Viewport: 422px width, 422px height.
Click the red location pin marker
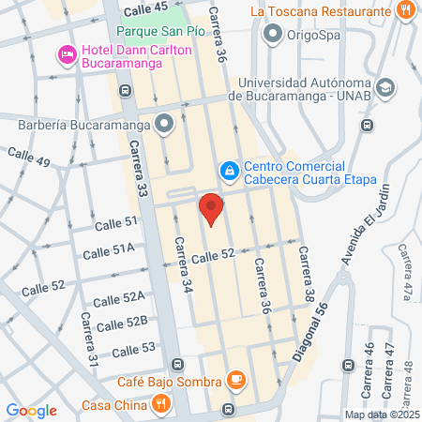[x=211, y=208]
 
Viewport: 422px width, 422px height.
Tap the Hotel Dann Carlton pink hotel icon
[x=67, y=55]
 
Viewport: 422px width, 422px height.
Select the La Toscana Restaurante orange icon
[x=405, y=12]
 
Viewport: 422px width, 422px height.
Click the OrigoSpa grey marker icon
[x=274, y=36]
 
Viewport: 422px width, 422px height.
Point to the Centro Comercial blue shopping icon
[x=228, y=171]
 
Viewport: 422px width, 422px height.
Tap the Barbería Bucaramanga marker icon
[x=165, y=124]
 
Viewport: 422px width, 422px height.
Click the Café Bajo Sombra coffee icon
[x=236, y=381]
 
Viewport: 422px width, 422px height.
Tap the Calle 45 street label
[x=144, y=8]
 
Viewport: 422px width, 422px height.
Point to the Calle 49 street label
[x=28, y=156]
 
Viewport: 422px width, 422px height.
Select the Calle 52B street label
[x=123, y=324]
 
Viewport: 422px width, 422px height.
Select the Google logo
[x=31, y=410]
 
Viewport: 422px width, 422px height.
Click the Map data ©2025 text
[x=382, y=414]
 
